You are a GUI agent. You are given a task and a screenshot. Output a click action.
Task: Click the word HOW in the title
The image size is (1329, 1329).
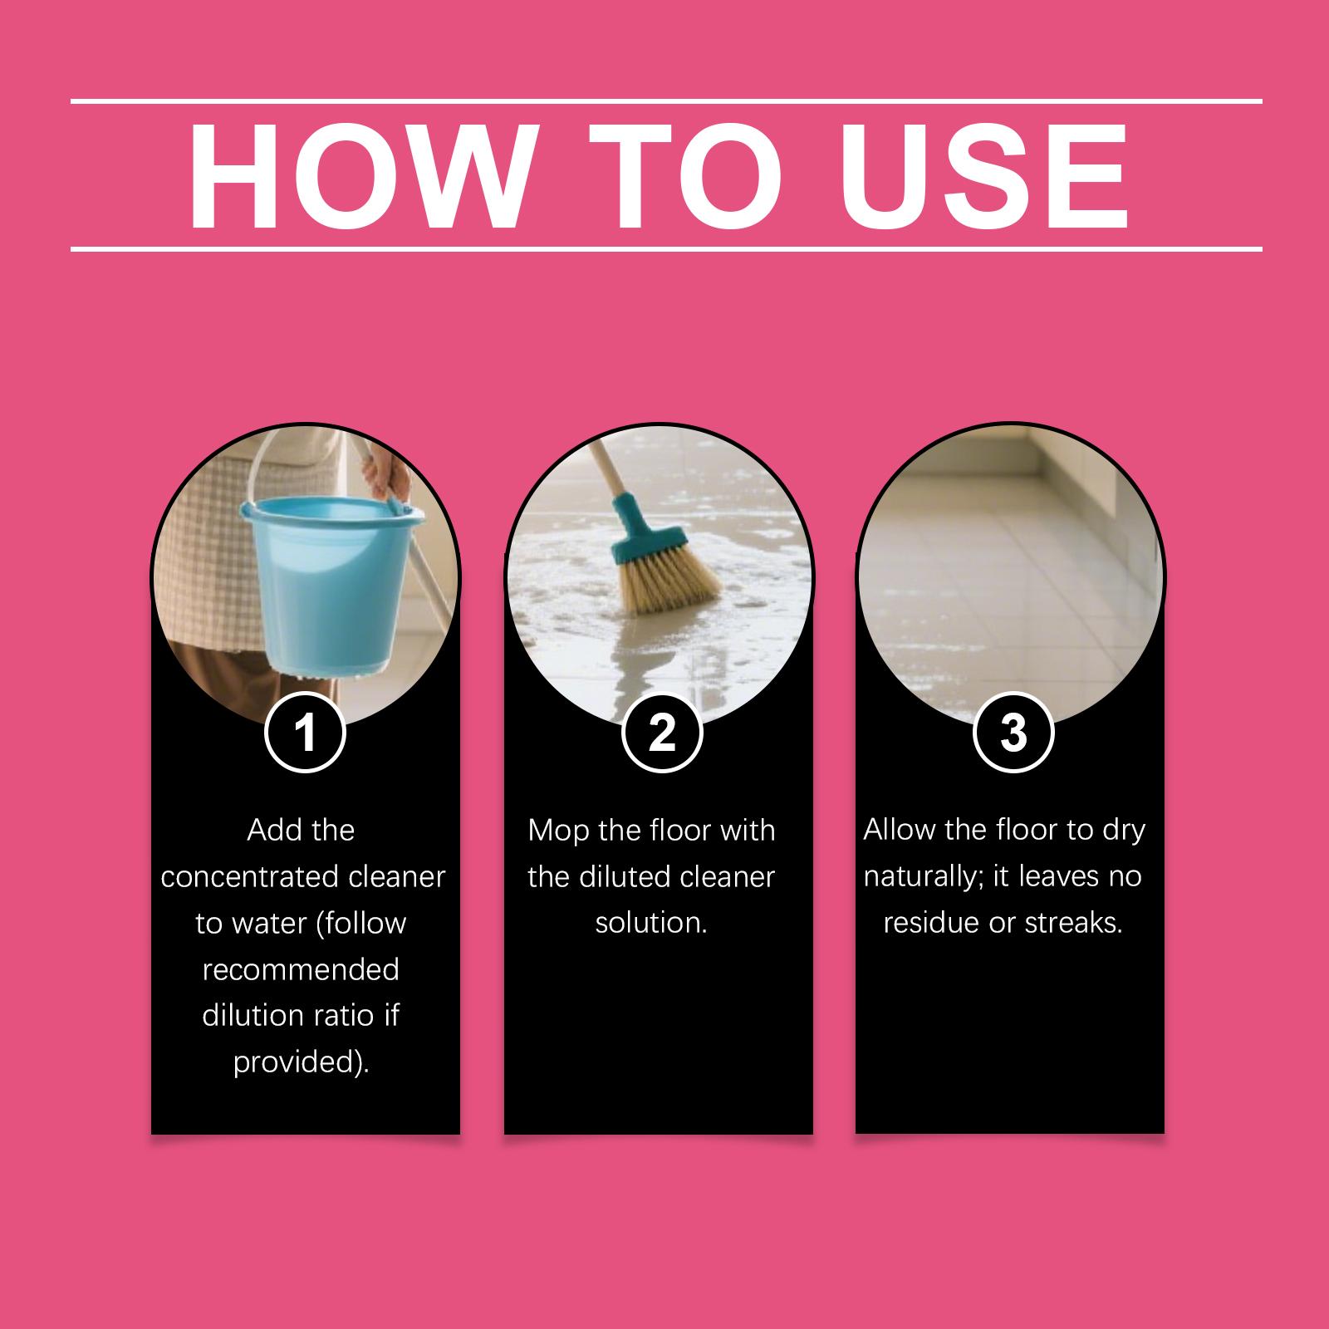(358, 177)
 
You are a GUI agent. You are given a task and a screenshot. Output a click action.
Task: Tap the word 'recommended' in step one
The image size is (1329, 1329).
(301, 970)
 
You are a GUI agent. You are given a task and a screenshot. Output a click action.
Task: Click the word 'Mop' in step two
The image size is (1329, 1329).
(559, 831)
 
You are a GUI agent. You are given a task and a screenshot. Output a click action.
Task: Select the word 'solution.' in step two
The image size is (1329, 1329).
(651, 924)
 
